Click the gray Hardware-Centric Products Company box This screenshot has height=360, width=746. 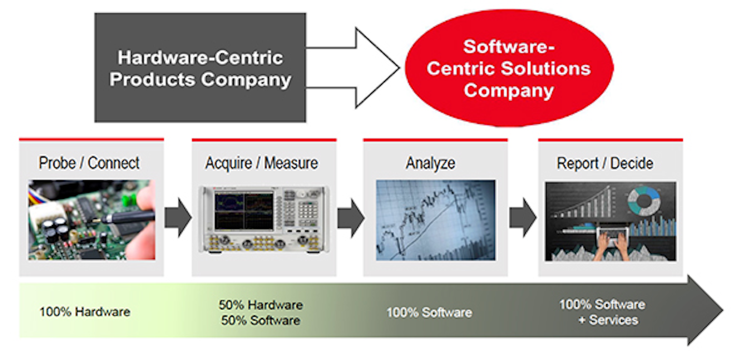pos(200,67)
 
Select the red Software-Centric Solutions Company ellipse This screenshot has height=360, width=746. pos(509,68)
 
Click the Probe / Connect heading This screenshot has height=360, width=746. pos(89,163)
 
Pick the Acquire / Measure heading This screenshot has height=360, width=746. pos(262,163)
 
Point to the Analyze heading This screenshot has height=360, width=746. pos(430,163)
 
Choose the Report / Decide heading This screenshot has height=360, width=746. pos(605,163)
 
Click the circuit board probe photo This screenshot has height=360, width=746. pos(92,220)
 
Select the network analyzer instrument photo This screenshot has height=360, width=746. pos(264,220)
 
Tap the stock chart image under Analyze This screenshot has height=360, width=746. pos(435,220)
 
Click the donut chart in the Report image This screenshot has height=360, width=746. pos(644,200)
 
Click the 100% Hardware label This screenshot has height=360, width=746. pos(84,312)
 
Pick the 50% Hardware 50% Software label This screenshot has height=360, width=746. pos(261,312)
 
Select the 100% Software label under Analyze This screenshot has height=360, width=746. pos(429,312)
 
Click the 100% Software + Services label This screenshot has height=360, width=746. pos(602,312)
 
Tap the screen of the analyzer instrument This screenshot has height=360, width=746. pos(243,211)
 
